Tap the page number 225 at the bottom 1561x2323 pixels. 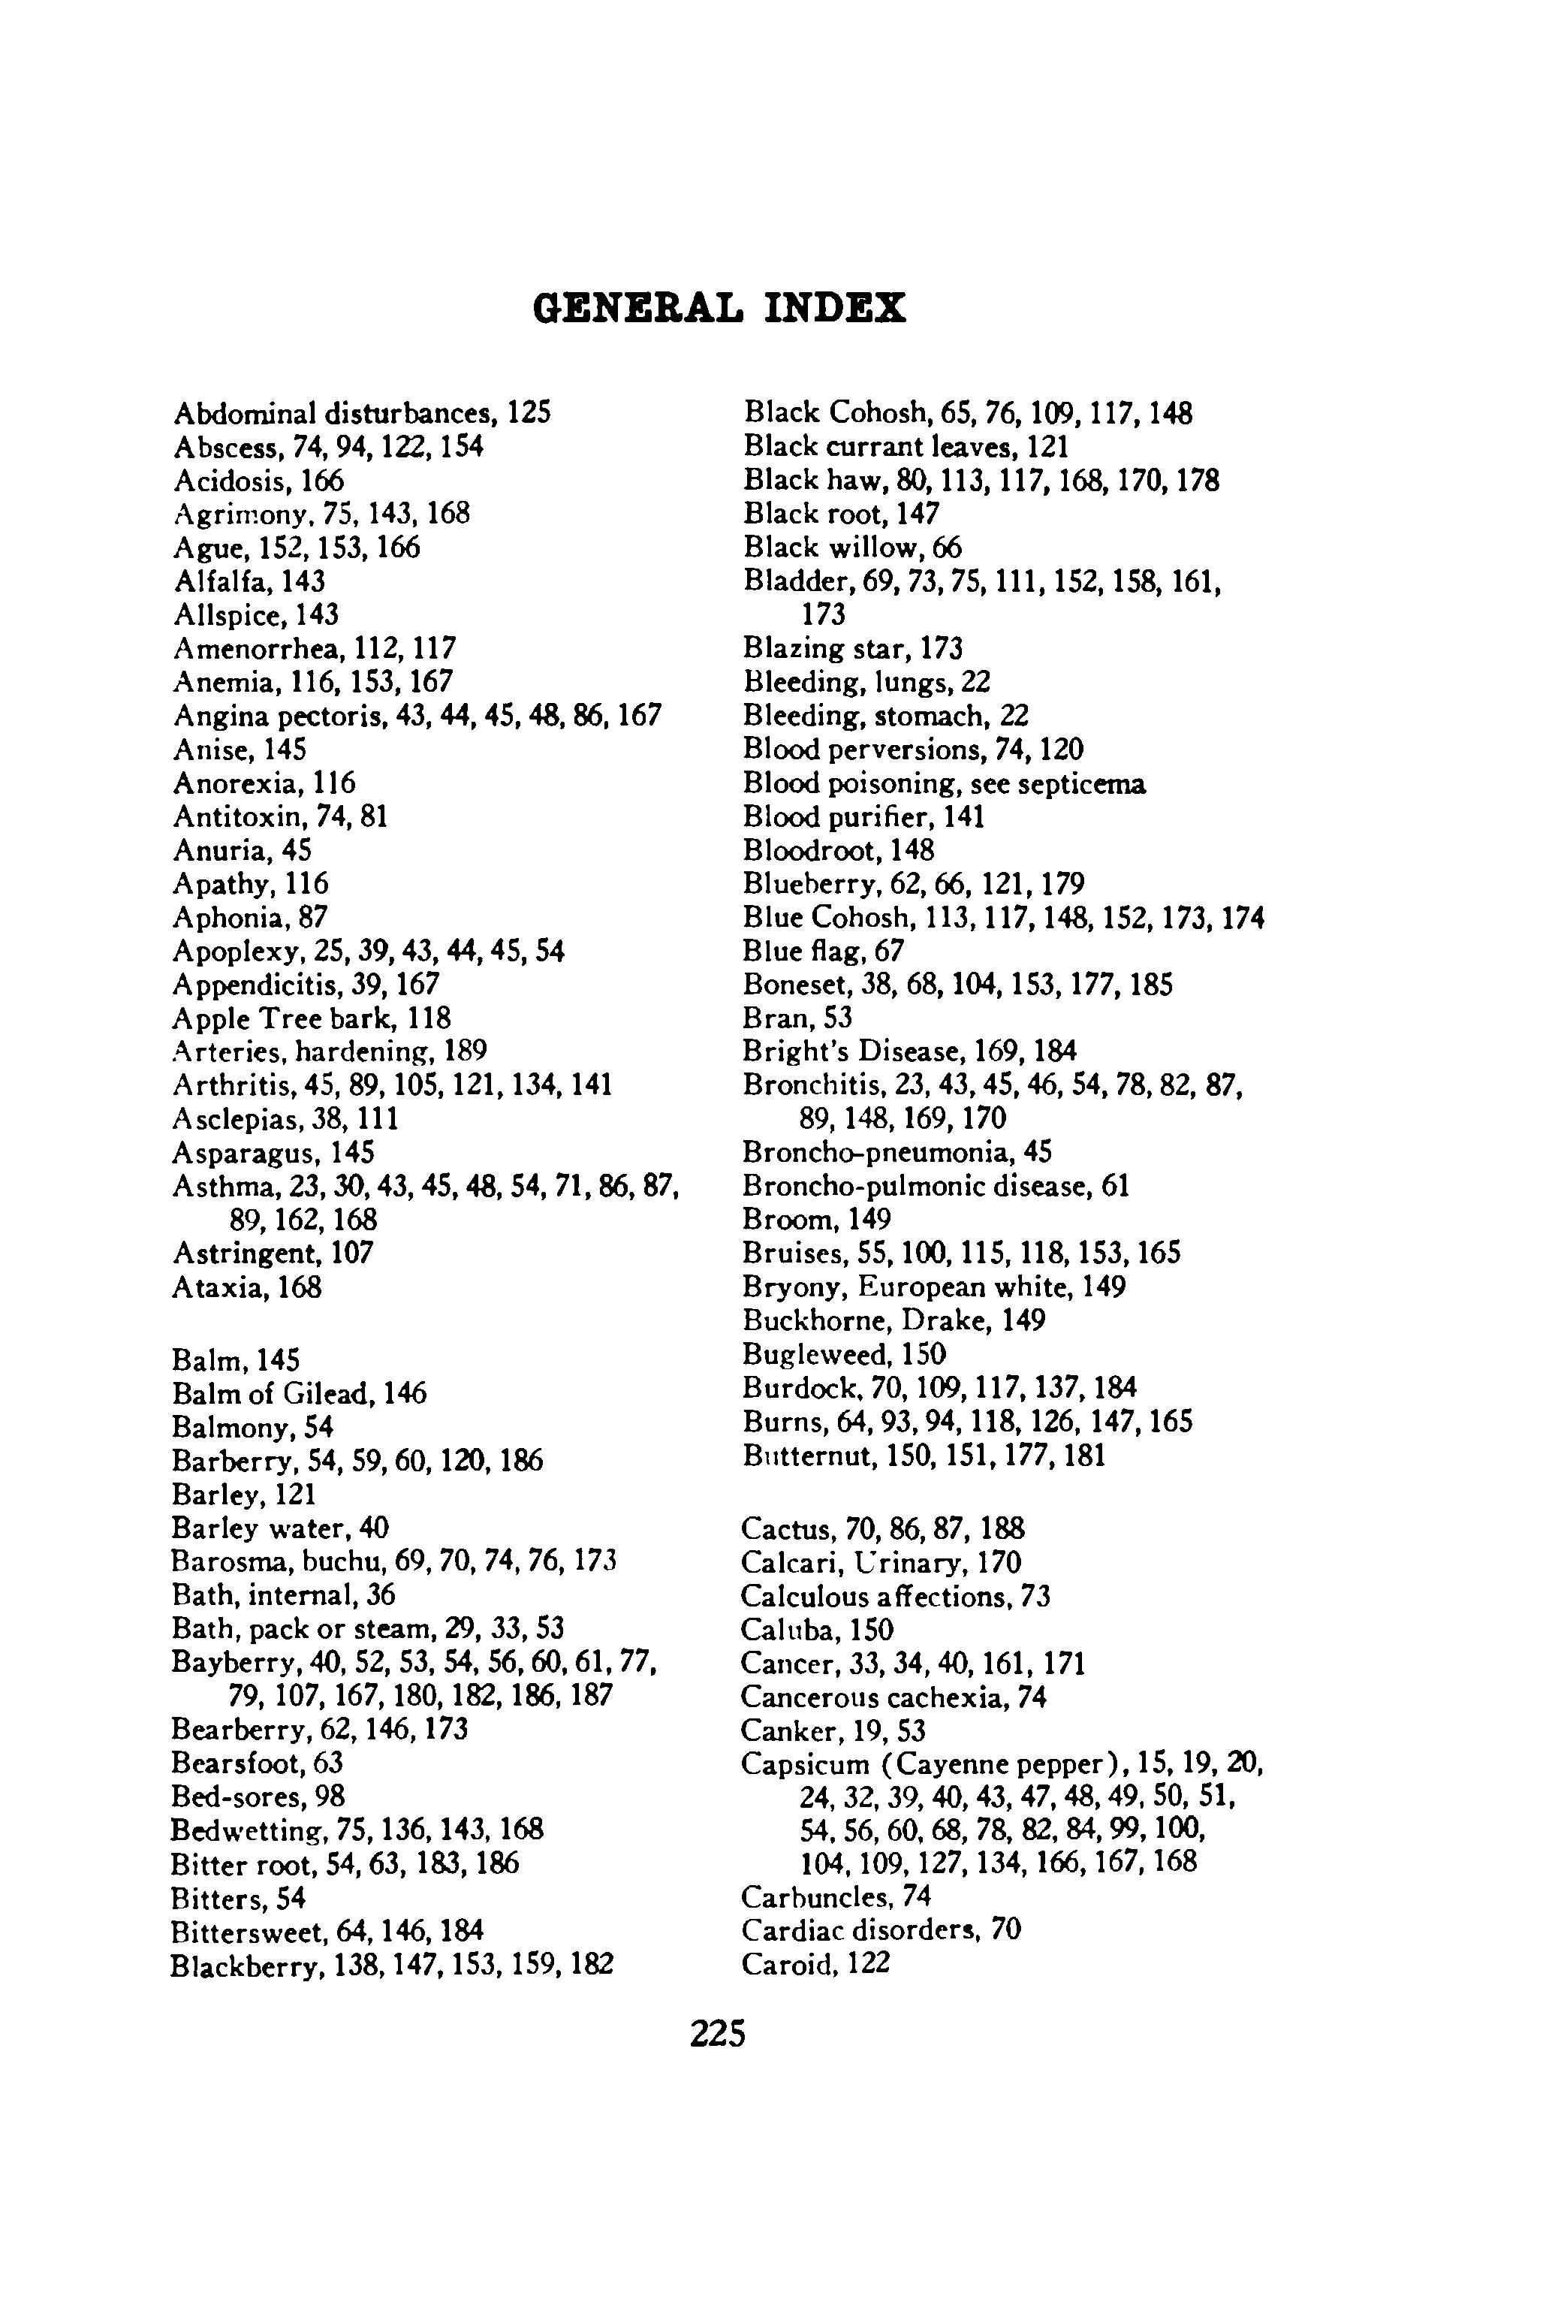(718, 2033)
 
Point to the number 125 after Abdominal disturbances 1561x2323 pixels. (529, 412)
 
